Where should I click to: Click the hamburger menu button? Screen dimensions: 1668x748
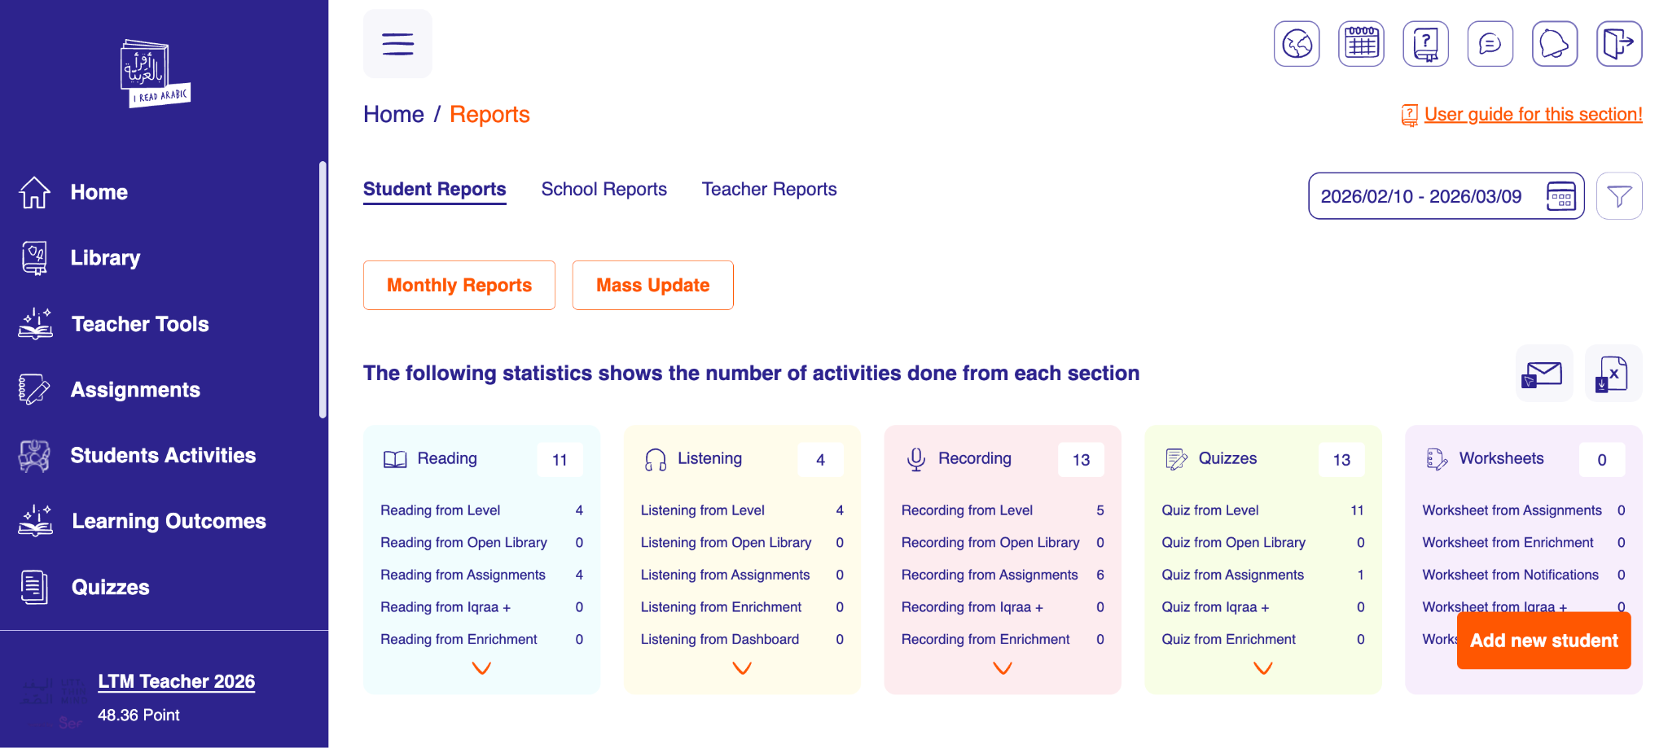(397, 44)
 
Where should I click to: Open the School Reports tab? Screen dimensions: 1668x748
(604, 189)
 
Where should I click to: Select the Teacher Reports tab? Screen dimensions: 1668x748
(769, 189)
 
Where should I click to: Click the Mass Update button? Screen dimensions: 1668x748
(652, 285)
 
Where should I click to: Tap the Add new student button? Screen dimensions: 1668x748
(1543, 641)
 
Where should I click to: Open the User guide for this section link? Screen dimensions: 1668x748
(1533, 115)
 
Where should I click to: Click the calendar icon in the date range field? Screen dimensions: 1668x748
(1560, 196)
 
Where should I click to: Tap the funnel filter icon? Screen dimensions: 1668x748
(1619, 196)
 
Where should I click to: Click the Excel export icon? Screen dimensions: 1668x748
(1613, 374)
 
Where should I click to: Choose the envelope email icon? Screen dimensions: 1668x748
(1543, 374)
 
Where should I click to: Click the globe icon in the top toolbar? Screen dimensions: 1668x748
(1297, 44)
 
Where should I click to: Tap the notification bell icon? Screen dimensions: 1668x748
(1554, 44)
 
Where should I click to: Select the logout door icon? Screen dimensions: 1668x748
(1619, 44)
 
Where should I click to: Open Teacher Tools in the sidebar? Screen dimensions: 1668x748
(140, 324)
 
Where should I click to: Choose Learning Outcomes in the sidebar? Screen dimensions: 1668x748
(169, 521)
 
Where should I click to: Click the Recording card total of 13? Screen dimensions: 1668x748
(1081, 460)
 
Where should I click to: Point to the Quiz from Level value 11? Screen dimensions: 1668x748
(1357, 510)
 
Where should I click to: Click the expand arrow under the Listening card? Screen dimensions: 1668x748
(742, 668)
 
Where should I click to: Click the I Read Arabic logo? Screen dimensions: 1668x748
(156, 73)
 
